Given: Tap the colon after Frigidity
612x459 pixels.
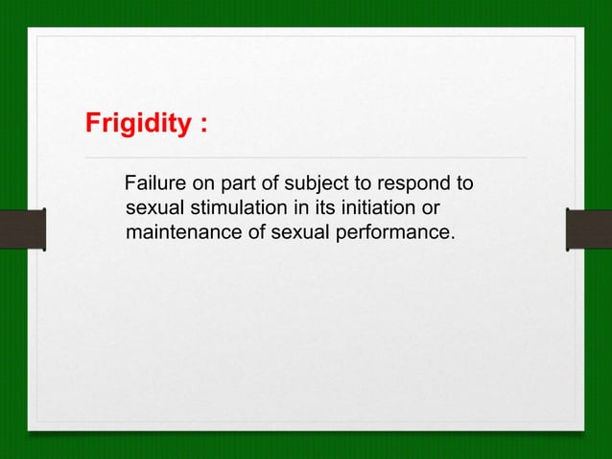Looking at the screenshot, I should (203, 126).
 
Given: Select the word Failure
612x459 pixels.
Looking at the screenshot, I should (155, 182).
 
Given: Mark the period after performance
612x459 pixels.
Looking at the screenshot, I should (453, 238).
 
